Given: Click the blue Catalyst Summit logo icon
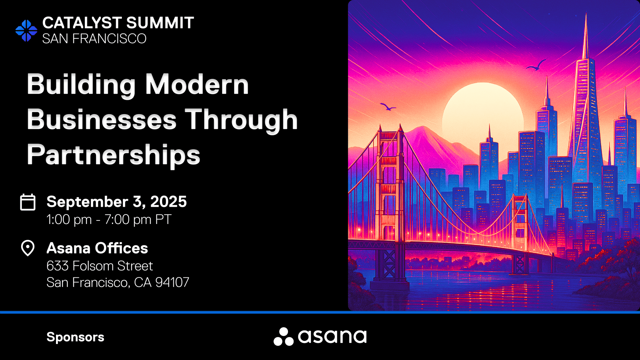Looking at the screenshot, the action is (26, 31).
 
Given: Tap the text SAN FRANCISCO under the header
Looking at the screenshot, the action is (94, 39).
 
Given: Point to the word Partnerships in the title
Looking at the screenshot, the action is (114, 155).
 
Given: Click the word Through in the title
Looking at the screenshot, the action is (242, 120).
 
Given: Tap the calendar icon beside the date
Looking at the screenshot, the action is (28, 202).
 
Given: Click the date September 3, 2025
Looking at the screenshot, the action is (116, 202).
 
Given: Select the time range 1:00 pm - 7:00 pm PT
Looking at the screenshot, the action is (109, 220).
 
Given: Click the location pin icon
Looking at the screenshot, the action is (28, 248).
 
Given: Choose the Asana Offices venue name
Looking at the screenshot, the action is (97, 248).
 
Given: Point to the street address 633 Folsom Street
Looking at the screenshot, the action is (100, 266).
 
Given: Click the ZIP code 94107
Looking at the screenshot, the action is (172, 283).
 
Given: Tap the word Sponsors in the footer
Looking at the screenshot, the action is (76, 337).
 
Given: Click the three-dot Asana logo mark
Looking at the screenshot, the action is (284, 337).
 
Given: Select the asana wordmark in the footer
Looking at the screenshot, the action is (332, 336).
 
